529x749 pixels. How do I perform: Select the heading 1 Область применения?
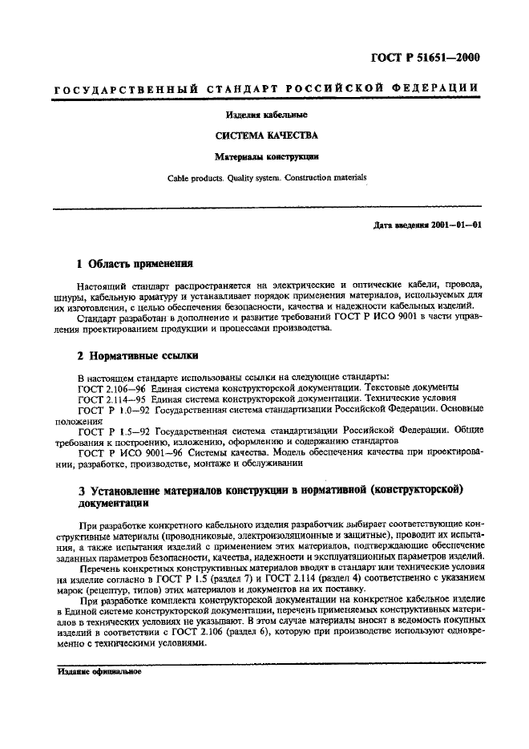[x=135, y=263]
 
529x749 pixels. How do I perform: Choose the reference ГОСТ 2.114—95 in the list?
[x=108, y=397]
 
